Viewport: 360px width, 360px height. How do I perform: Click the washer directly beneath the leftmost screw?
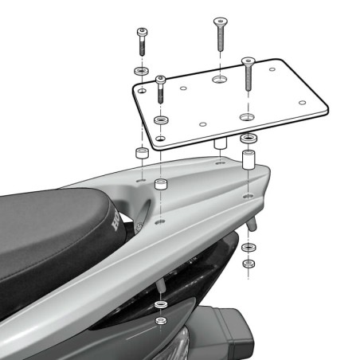140,72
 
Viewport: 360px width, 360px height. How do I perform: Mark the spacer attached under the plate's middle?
217,145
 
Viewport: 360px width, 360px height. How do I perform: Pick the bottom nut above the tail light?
161,322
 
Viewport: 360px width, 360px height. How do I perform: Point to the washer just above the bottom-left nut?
161,305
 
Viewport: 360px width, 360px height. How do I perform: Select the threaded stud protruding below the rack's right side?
252,223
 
